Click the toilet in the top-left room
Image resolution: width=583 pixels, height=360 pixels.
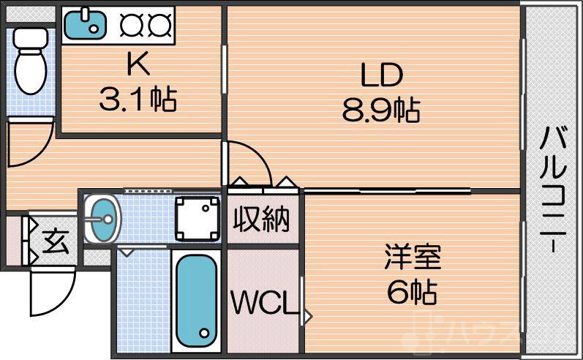[31, 62]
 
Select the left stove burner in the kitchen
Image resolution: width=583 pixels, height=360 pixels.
[131, 23]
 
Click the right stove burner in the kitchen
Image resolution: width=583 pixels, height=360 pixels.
[159, 23]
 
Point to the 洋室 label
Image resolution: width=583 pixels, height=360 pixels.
[413, 259]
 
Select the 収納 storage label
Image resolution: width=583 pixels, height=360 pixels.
[261, 219]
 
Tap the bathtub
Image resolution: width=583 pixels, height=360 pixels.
[196, 301]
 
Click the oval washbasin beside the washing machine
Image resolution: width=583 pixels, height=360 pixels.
[101, 217]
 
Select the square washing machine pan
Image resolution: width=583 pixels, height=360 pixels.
[198, 218]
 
